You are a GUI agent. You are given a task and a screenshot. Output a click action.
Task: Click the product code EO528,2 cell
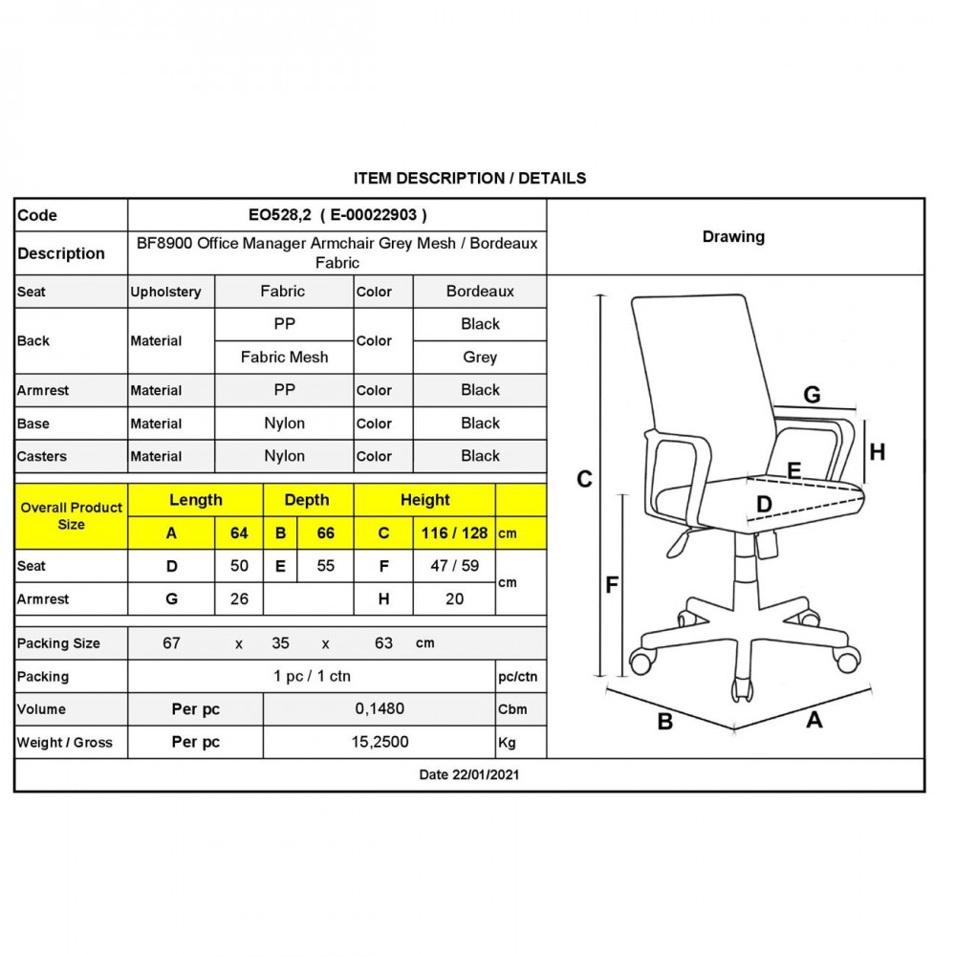click(x=337, y=215)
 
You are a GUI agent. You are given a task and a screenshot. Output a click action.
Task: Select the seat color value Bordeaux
click(x=480, y=292)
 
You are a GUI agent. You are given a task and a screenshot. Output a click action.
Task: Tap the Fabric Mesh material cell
click(x=284, y=358)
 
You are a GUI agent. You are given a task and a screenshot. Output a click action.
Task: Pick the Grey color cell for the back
click(x=480, y=358)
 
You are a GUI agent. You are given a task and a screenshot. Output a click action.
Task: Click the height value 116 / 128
click(x=454, y=533)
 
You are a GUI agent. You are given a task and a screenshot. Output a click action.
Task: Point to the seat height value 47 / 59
click(x=454, y=566)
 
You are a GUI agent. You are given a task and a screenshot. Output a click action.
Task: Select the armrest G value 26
click(x=239, y=599)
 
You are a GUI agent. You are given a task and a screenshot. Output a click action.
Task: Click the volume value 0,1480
click(x=380, y=709)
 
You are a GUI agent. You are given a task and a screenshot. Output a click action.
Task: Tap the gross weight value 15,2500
click(x=380, y=742)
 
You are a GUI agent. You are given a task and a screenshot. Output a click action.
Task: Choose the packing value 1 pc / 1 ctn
click(x=312, y=676)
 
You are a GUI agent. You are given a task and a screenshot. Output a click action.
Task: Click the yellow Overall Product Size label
click(x=72, y=516)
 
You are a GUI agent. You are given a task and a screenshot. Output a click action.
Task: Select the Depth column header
click(x=307, y=500)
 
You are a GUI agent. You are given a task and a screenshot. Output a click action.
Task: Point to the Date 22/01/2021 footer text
click(x=468, y=775)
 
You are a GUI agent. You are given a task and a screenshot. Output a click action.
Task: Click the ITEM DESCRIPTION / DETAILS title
click(x=469, y=178)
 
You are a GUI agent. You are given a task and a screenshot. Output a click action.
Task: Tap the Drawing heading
click(x=733, y=236)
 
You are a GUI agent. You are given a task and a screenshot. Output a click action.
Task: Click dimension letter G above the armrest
click(x=812, y=395)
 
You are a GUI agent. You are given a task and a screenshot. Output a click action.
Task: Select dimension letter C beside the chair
click(x=584, y=479)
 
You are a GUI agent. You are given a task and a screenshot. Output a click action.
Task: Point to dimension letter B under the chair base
click(x=665, y=722)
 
